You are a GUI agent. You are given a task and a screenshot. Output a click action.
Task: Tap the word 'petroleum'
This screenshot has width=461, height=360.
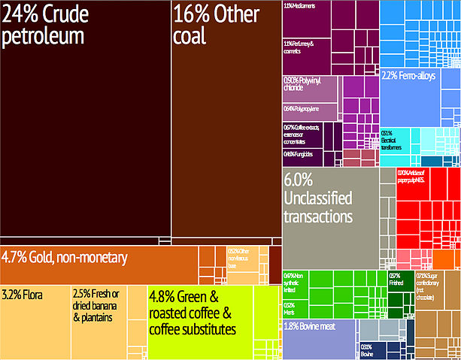coord(43,38)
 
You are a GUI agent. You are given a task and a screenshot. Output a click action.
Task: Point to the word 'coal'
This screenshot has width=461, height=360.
coord(189,36)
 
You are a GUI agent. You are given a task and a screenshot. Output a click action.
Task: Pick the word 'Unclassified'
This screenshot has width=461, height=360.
coord(321,199)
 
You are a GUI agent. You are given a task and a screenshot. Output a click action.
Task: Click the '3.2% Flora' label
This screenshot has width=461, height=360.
coord(24,293)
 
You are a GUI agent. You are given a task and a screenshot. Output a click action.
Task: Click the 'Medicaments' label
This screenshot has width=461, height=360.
coord(299,6)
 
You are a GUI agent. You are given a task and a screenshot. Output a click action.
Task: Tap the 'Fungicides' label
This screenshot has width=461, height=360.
coord(299,155)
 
